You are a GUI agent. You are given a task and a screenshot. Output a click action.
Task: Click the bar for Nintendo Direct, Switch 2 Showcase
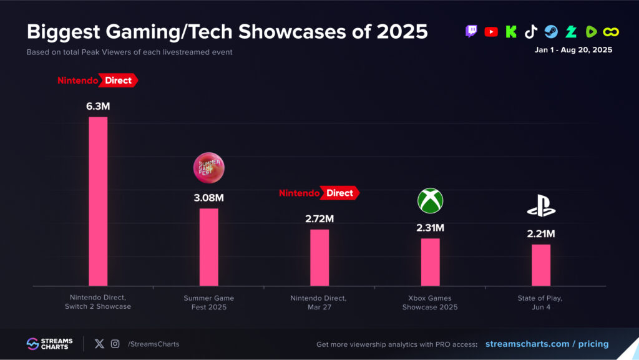[98, 201]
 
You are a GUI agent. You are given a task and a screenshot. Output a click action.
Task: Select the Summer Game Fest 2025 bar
[208, 246]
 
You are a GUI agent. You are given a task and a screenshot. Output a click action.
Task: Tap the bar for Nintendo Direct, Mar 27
[319, 257]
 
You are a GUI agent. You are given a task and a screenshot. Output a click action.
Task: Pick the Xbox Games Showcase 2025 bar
[430, 261]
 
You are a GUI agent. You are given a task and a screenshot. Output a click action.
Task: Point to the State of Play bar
[541, 265]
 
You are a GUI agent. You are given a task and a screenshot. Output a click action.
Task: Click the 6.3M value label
[98, 106]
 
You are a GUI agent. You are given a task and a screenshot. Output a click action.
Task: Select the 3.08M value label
[208, 198]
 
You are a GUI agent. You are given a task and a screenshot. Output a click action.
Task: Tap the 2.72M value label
[319, 218]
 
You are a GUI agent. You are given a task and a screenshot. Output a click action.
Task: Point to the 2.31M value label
[430, 228]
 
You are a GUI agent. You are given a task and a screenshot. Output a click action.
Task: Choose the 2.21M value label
[541, 234]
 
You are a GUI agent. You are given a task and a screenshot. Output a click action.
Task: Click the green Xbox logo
[430, 200]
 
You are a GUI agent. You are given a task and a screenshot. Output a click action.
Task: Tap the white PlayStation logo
[541, 207]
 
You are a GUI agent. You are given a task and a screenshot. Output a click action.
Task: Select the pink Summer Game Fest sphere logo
[208, 168]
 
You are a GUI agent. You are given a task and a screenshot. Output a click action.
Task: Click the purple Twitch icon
[472, 32]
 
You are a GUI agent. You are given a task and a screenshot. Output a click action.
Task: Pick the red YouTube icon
[491, 32]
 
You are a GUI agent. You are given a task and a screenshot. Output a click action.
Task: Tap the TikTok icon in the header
[531, 32]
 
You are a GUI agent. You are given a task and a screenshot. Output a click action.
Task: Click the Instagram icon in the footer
[115, 344]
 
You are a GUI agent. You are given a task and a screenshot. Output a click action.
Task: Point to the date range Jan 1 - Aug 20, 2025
[573, 50]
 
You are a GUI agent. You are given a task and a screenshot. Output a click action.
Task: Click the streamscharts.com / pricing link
[547, 344]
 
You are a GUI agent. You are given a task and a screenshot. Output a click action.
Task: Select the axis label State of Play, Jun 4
[541, 303]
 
